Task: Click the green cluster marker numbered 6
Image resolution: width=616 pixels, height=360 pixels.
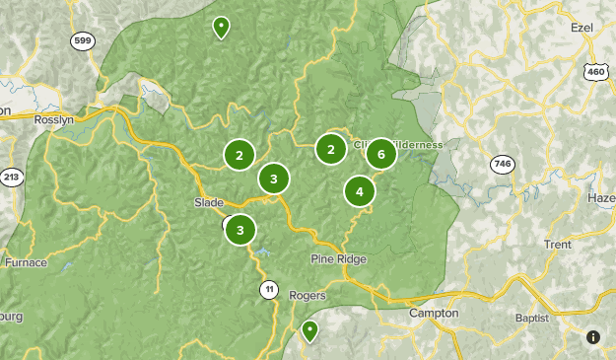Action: tap(380, 154)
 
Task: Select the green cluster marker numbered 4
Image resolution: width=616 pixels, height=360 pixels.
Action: tap(360, 191)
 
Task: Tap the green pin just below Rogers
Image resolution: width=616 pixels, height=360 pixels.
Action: tap(309, 330)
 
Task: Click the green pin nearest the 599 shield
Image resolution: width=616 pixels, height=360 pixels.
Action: tap(221, 27)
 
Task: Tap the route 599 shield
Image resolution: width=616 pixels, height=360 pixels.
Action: tap(83, 41)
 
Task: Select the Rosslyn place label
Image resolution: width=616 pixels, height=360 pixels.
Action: tap(53, 119)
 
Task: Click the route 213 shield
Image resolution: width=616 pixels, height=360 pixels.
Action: tap(12, 178)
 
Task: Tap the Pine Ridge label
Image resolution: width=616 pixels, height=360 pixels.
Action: tap(338, 259)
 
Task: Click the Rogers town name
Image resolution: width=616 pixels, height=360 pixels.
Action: tap(307, 295)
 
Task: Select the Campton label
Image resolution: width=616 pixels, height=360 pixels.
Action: tap(434, 314)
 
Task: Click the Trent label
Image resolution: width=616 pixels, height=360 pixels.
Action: tap(557, 244)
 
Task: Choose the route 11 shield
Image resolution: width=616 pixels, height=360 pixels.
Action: tap(269, 289)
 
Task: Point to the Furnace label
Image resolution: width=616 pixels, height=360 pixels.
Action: tap(26, 262)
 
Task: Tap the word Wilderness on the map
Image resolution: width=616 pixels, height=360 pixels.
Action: tap(416, 144)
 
